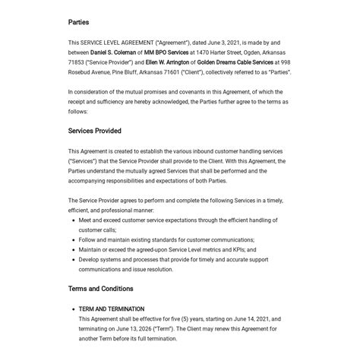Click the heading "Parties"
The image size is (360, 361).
pyautogui.click(x=78, y=23)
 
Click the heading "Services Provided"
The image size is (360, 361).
pyautogui.click(x=94, y=131)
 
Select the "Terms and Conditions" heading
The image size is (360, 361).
pyautogui.click(x=100, y=289)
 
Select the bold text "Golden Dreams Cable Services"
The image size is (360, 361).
pyautogui.click(x=235, y=62)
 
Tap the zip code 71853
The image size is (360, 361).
pyautogui.click(x=77, y=62)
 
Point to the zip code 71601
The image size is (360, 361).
pyautogui.click(x=168, y=72)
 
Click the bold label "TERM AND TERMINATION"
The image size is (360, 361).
pyautogui.click(x=112, y=309)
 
